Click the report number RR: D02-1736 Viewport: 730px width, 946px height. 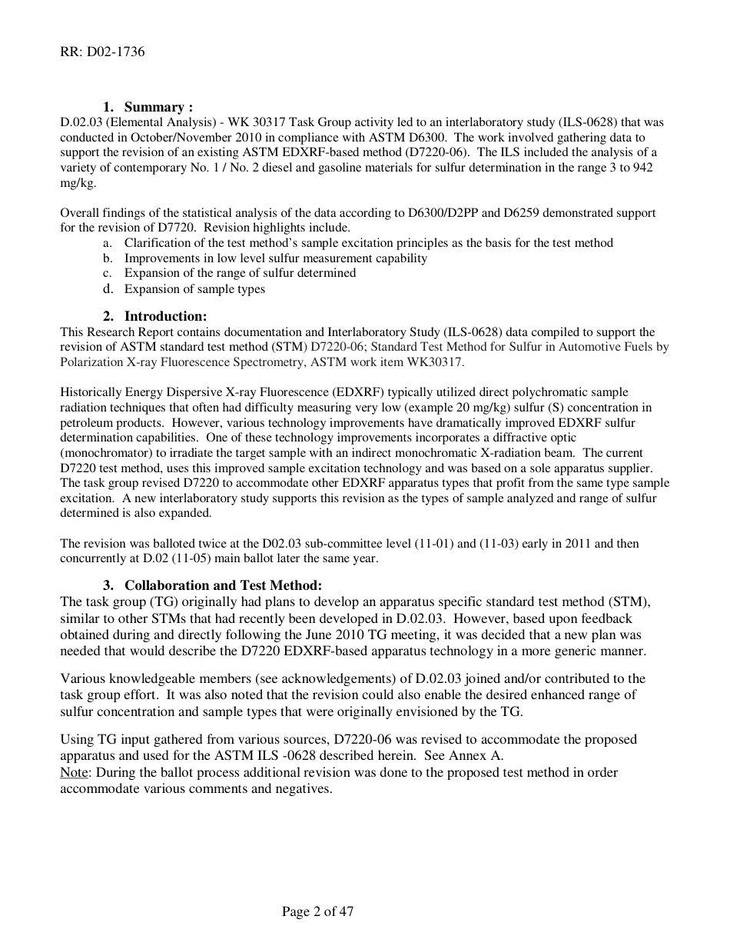click(x=101, y=52)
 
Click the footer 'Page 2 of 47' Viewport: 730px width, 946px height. click(x=317, y=912)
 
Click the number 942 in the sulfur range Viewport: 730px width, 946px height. click(x=643, y=168)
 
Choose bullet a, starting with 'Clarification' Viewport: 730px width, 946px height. click(x=368, y=243)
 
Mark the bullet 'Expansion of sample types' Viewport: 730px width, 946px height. click(x=194, y=289)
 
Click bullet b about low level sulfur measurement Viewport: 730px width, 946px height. click(x=275, y=258)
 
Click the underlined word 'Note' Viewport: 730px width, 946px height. click(x=73, y=772)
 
